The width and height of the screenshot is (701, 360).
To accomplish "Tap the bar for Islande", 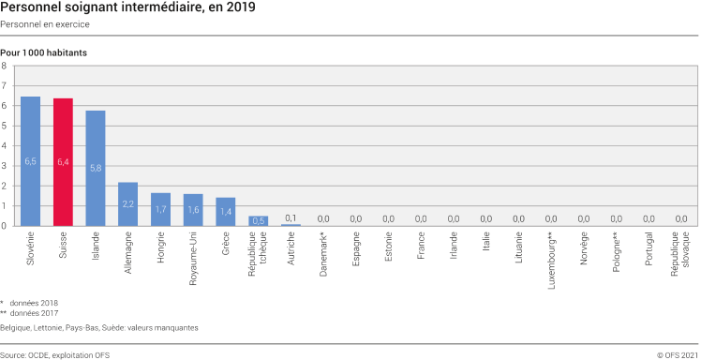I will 96,168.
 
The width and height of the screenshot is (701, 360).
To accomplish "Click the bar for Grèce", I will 226,212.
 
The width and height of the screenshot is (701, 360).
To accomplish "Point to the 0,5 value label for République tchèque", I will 258,221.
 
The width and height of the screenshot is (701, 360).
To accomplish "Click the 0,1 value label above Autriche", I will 291,217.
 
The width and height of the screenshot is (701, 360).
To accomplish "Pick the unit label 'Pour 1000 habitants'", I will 44,52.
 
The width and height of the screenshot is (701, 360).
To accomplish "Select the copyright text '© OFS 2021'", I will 678,355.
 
